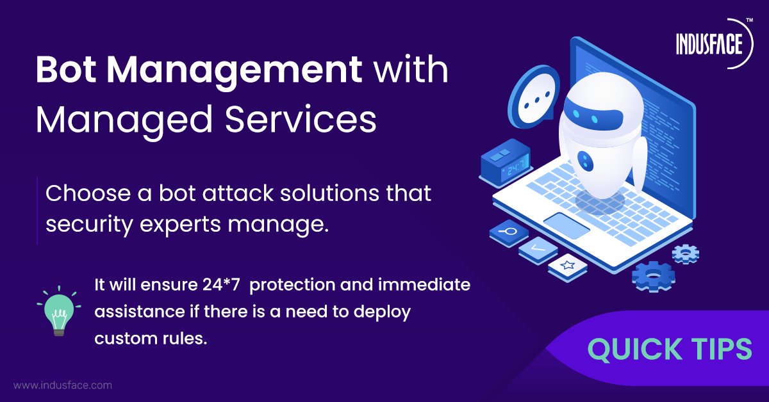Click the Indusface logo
709,44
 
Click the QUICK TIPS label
670,350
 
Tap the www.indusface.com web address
63,385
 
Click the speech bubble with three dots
531,102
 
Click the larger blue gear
653,277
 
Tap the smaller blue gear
685,253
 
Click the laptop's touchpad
566,223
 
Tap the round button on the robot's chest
584,157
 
